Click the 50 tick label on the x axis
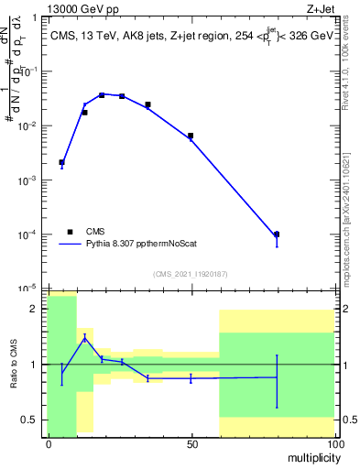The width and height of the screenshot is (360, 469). pyautogui.click(x=191, y=443)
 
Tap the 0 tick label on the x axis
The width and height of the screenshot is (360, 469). pyautogui.click(x=49, y=443)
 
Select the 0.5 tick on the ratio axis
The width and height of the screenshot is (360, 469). pyautogui.click(x=31, y=420)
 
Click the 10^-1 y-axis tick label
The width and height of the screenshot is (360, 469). pyautogui.click(x=27, y=71)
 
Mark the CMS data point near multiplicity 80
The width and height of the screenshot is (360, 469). pyautogui.click(x=277, y=234)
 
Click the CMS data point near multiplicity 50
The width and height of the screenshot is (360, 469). pyautogui.click(x=191, y=136)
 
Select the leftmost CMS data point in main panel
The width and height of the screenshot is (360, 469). pyautogui.click(x=61, y=162)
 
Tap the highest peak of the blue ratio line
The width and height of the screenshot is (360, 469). pyautogui.click(x=85, y=337)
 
